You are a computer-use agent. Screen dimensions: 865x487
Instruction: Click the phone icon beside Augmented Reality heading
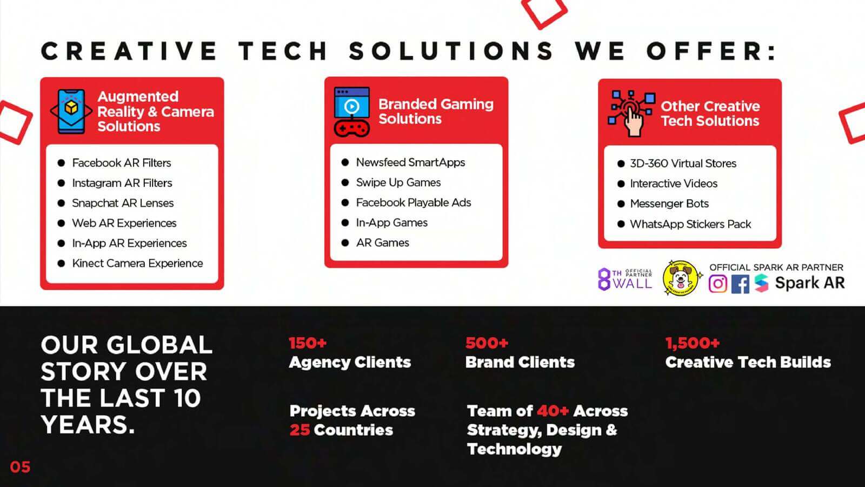pos(71,111)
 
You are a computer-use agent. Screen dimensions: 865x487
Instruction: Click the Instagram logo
pos(718,284)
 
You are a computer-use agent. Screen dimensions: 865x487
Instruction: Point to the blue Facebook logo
pos(740,284)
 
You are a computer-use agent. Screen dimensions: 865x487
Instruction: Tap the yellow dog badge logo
pos(681,278)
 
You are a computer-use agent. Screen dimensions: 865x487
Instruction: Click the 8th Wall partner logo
pos(625,279)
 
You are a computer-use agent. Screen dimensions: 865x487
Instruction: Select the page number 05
pos(20,468)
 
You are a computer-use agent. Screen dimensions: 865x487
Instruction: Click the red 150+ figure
pos(308,343)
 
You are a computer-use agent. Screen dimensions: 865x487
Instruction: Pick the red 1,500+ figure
pos(693,343)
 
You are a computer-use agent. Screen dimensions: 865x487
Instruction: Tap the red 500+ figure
pos(487,343)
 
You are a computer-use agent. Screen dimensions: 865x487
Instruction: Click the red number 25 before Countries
pos(300,430)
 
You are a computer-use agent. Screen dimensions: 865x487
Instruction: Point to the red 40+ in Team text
pos(553,411)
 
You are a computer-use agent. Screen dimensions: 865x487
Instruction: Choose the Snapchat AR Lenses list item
pos(123,203)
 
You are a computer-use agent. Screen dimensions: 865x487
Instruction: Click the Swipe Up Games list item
pos(398,182)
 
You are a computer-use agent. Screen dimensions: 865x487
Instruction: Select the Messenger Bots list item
pos(669,203)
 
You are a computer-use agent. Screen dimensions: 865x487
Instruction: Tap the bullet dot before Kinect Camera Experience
pos(61,264)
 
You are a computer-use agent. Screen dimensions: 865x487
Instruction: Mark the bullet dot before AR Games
pos(345,243)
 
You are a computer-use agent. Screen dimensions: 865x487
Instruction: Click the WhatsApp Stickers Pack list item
pos(690,224)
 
